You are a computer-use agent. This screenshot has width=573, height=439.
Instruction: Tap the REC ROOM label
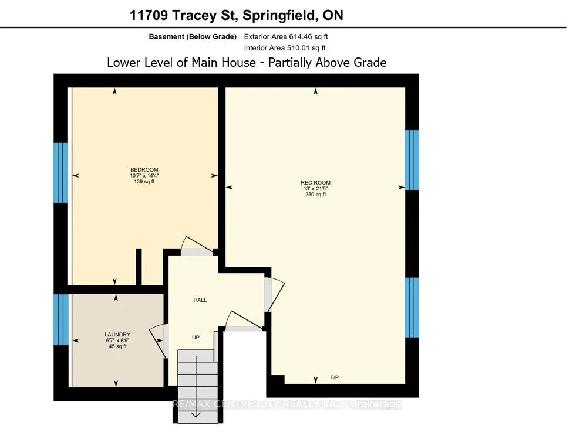(316, 182)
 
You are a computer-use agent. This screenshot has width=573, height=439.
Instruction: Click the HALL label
(200, 300)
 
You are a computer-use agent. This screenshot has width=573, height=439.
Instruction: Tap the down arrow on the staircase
(195, 413)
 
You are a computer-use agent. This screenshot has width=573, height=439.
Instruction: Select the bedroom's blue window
(60, 172)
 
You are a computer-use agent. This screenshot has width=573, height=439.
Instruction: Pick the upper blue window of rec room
(413, 160)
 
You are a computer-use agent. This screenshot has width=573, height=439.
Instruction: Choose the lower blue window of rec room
(413, 308)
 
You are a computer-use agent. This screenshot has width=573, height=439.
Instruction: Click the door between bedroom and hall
(197, 251)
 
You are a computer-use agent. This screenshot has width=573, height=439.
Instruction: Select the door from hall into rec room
(268, 295)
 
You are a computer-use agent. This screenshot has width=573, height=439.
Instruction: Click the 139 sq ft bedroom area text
(144, 182)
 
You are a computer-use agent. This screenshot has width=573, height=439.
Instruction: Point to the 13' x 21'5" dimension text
(316, 189)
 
